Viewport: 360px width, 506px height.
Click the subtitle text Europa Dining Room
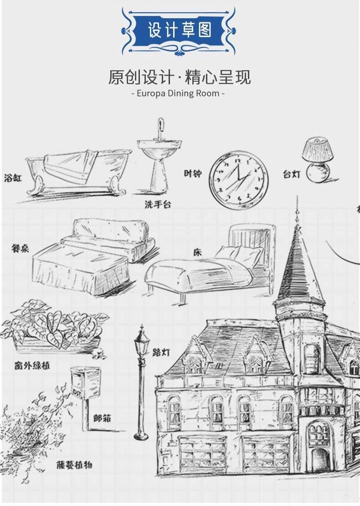click(178, 93)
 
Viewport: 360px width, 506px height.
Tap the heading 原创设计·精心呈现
click(179, 77)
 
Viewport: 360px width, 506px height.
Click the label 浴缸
click(13, 177)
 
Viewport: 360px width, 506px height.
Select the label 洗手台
click(158, 204)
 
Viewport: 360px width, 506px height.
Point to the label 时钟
click(193, 173)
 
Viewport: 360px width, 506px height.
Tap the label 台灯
click(292, 174)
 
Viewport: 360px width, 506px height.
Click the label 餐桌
click(20, 248)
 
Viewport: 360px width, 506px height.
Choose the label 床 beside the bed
click(197, 252)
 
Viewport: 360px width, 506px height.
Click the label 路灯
click(161, 352)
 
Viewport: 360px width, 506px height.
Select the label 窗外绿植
click(32, 366)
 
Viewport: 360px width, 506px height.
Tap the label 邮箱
click(102, 418)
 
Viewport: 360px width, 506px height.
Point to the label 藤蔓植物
click(75, 465)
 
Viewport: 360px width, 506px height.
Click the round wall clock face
click(238, 180)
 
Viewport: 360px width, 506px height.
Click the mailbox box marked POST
click(85, 383)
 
